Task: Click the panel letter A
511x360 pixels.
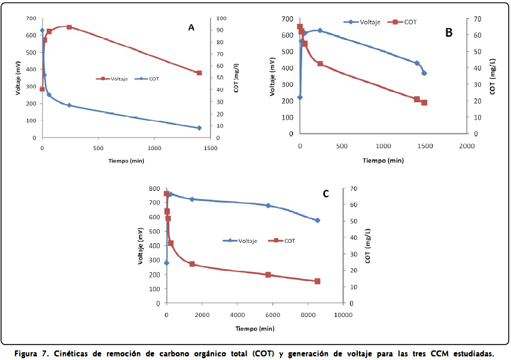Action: point(191,27)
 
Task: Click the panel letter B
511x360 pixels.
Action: point(448,32)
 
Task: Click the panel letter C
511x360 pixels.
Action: point(326,194)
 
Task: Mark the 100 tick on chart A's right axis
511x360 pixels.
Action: point(221,19)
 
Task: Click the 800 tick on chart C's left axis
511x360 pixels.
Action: point(154,188)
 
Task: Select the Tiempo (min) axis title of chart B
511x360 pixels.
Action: point(384,160)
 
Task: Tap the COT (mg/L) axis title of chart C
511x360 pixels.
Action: point(367,245)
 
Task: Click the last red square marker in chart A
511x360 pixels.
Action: point(199,73)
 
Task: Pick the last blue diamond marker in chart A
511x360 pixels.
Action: point(199,127)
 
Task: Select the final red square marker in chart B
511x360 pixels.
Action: point(424,102)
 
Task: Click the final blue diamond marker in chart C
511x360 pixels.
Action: point(318,220)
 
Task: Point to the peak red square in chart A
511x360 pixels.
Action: point(69,27)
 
